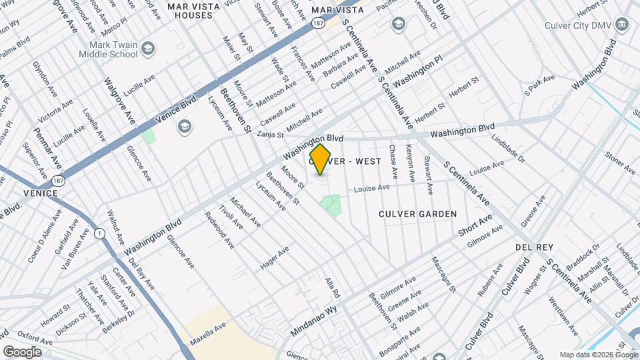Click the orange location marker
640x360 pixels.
tap(321, 159)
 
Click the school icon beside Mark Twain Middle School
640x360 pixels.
tap(147, 48)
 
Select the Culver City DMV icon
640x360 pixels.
tap(623, 26)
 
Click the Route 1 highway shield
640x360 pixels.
tap(99, 233)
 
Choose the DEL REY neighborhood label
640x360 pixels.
tap(532, 247)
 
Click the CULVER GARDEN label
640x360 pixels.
tap(417, 214)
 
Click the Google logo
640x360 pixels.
tap(22, 351)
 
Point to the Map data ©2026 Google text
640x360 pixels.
tap(598, 355)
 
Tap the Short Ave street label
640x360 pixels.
tap(475, 225)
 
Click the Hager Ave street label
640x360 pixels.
tap(274, 258)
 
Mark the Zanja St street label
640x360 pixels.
tap(271, 133)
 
